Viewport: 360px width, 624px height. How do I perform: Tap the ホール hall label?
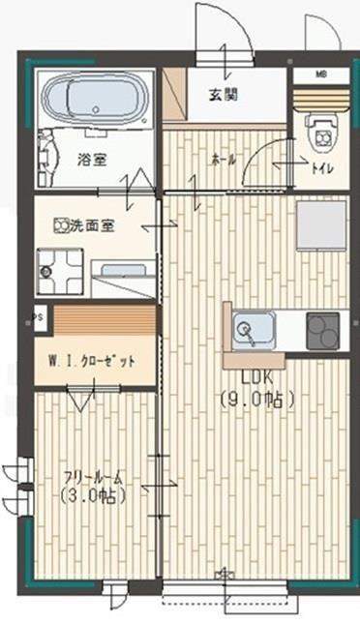pos(224,161)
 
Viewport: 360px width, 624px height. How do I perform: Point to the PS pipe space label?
pos(38,316)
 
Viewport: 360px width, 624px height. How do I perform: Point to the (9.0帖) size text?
pos(256,397)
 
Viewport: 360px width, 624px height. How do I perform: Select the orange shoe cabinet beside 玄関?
pos(175,94)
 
